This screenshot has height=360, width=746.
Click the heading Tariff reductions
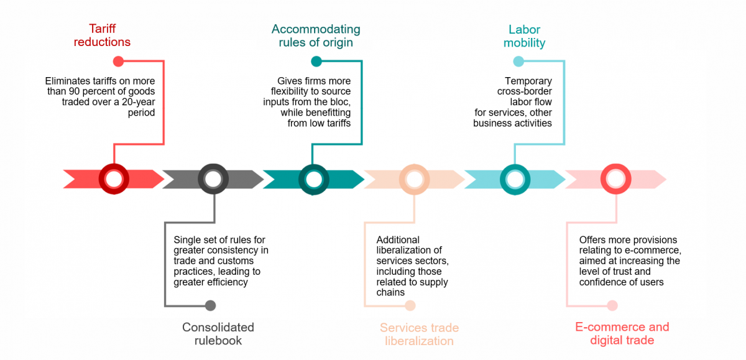tap(102, 35)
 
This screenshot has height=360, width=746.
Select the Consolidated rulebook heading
tap(218, 333)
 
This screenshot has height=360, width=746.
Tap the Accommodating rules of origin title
tap(316, 35)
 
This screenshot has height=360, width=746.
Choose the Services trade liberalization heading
tap(419, 334)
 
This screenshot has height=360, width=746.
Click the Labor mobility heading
tap(524, 36)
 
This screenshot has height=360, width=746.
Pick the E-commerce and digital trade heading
tap(622, 333)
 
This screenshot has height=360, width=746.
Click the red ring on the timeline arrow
tap(114, 179)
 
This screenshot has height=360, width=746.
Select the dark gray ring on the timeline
tap(213, 179)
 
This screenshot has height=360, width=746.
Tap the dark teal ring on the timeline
tap(314, 179)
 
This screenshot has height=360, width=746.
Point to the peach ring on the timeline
tap(414, 179)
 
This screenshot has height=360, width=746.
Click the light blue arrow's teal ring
tap(515, 179)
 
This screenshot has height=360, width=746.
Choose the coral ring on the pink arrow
tap(615, 179)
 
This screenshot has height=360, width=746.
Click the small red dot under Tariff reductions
tap(118, 61)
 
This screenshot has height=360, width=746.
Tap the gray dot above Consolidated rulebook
tap(210, 305)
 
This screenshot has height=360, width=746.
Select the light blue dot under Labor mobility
tap(518, 61)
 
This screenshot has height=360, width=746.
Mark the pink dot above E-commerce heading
tap(612, 305)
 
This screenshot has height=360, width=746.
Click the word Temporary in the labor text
tap(528, 81)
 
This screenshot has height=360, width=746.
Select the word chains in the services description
tap(390, 292)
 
